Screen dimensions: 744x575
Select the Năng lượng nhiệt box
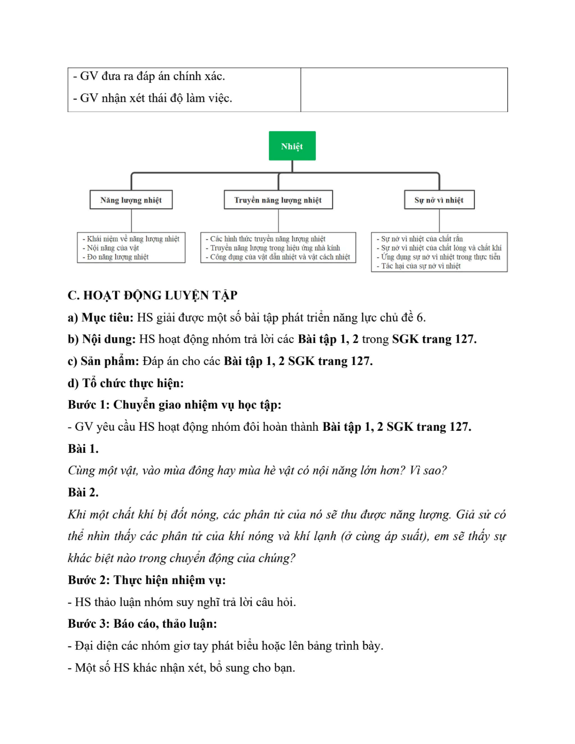click(131, 200)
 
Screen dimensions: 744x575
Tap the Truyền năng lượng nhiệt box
click(278, 200)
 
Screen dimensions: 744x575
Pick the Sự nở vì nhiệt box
click(439, 200)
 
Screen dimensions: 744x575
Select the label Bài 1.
click(83, 449)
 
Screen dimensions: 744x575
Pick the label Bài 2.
click(83, 492)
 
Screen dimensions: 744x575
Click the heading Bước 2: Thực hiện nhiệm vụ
click(147, 580)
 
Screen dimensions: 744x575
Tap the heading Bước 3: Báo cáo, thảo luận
click(142, 623)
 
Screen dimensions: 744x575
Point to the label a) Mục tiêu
click(101, 318)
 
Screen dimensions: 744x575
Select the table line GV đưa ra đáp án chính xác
click(149, 76)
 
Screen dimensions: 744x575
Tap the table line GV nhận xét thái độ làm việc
click(152, 98)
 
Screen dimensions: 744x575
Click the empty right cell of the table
click(404, 90)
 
